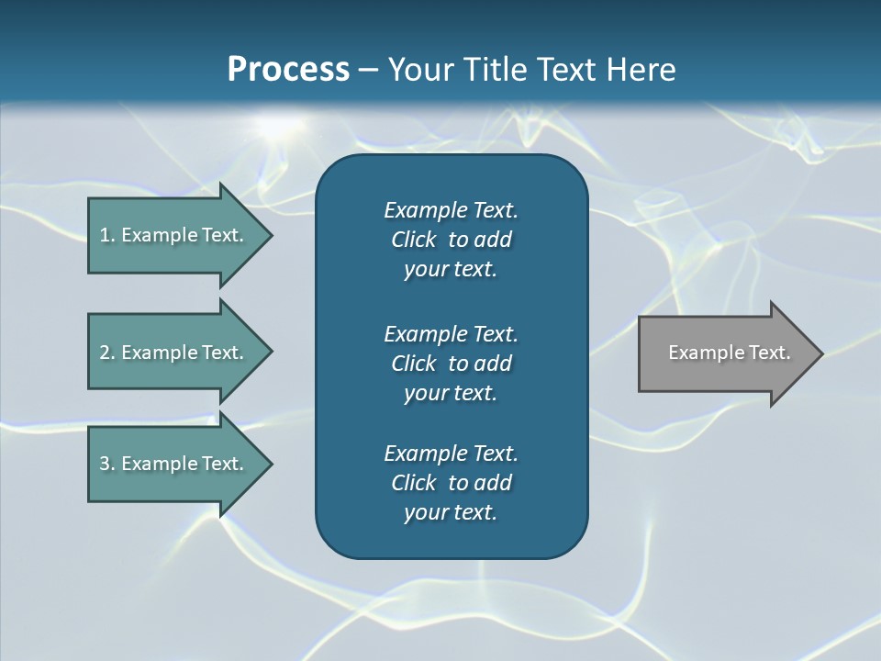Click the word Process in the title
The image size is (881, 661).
tap(288, 70)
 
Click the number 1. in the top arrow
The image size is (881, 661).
tap(106, 235)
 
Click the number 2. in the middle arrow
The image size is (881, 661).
tap(106, 353)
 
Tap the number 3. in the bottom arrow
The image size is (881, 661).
tap(106, 464)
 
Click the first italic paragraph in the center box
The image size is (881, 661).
tap(451, 240)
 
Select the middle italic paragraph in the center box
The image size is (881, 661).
tap(451, 363)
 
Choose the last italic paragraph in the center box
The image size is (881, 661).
tap(451, 483)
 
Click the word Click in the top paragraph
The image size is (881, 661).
tap(413, 240)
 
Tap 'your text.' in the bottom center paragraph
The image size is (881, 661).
tap(451, 512)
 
